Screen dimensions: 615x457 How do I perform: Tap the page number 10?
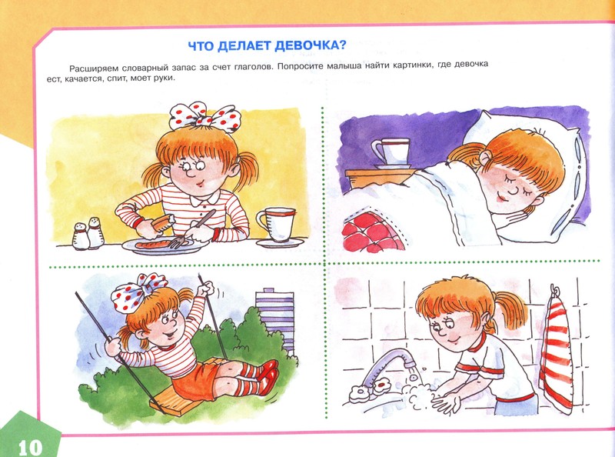(x=30, y=447)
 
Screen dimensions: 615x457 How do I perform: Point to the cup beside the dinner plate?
(x=277, y=224)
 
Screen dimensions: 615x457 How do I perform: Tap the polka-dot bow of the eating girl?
(x=204, y=115)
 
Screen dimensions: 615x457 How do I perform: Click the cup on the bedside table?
(x=391, y=152)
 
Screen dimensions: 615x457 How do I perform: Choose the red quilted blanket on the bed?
(x=371, y=232)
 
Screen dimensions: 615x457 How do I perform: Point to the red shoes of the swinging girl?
(x=268, y=374)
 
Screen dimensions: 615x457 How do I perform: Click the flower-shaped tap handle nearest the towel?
(x=381, y=387)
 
